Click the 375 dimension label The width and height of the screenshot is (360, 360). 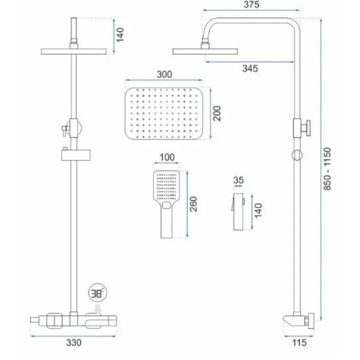251,5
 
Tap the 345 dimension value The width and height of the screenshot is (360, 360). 250,68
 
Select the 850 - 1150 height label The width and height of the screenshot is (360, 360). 328,169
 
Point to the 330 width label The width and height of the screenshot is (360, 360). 74,343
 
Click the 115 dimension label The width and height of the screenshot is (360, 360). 299,343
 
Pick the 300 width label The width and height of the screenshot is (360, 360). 164,75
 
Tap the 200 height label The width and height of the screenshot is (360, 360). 217,114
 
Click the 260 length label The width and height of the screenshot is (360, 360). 193,204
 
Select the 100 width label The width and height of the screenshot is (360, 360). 167,157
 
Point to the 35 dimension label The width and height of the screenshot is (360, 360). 238,180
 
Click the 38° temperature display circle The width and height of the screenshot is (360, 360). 98,293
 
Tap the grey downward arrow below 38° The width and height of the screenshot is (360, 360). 99,309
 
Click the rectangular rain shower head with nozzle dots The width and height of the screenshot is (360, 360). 164,113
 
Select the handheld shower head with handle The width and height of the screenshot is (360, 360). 167,204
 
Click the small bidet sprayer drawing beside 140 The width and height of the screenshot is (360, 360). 238,211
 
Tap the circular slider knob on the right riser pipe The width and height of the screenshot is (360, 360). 297,155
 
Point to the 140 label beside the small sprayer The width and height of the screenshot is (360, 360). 258,210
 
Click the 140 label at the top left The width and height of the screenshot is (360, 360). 120,35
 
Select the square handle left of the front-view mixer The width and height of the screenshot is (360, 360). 55,320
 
